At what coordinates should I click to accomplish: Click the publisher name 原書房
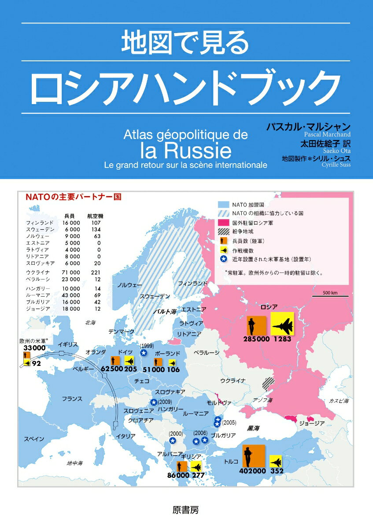coord(187,510)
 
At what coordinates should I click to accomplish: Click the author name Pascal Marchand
coord(327,134)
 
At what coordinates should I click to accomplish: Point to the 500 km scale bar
coord(330,296)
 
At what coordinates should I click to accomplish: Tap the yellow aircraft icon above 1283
coord(282,324)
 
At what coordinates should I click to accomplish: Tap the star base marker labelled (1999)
coord(144,353)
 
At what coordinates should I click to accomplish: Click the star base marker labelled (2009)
coord(154,402)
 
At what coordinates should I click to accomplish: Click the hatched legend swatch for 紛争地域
coord(224,231)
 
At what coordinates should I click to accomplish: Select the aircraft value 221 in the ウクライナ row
coord(96,272)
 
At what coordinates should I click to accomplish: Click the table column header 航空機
coord(96,216)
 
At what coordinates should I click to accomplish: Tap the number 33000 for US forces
coord(34,348)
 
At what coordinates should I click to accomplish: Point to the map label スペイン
coord(34,439)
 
